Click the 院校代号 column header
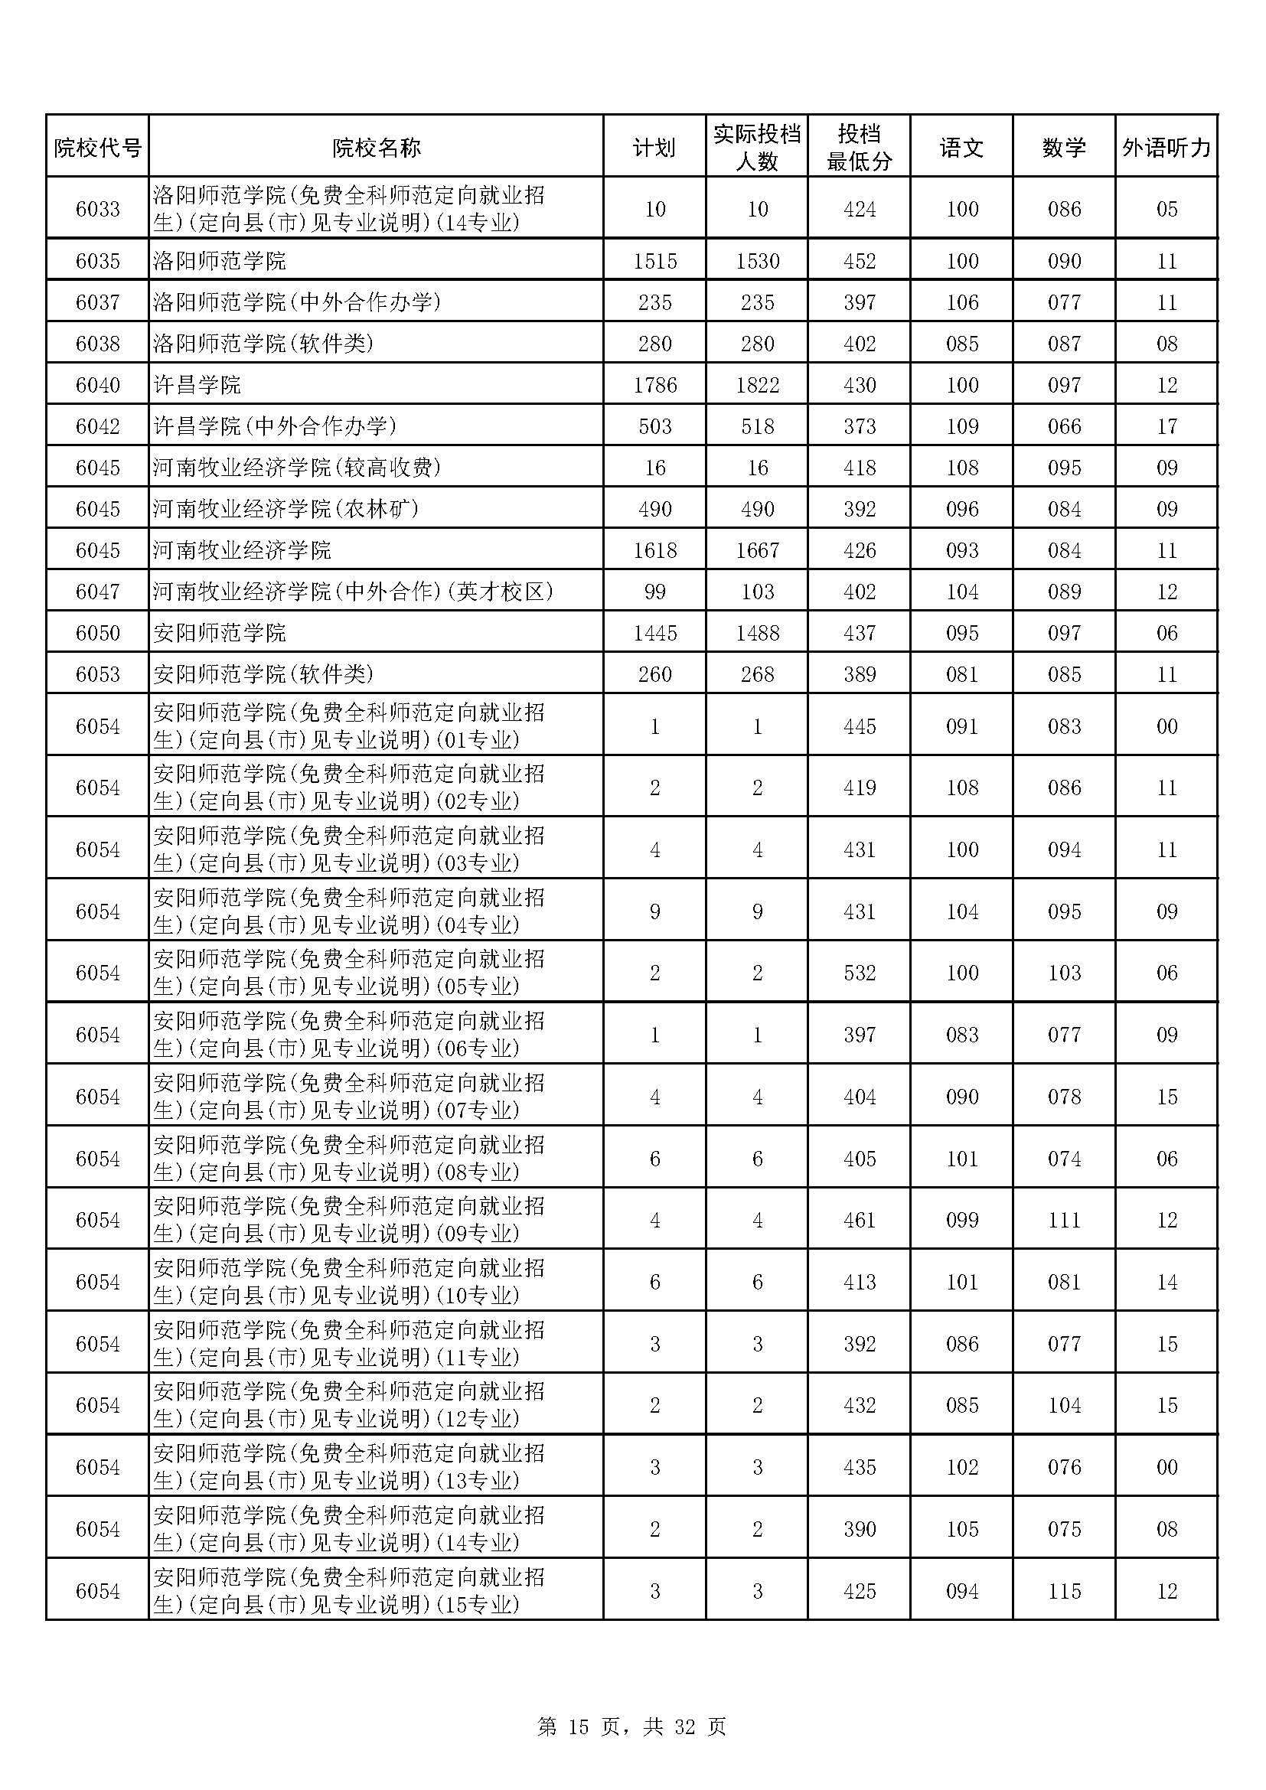(97, 148)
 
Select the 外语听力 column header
(1166, 148)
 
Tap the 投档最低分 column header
(859, 148)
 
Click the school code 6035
(97, 261)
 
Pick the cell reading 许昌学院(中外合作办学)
(276, 426)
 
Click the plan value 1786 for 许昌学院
(655, 385)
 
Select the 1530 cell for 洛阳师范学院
(757, 261)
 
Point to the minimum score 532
(859, 973)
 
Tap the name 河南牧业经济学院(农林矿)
(286, 509)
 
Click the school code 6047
(97, 592)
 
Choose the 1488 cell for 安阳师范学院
(757, 633)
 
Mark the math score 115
(1064, 1591)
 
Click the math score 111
(1064, 1220)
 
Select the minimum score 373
(859, 426)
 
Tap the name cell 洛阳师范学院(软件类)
(263, 344)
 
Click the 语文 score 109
(962, 426)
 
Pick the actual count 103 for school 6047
(757, 592)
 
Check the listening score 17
(1166, 426)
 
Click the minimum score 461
(859, 1220)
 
